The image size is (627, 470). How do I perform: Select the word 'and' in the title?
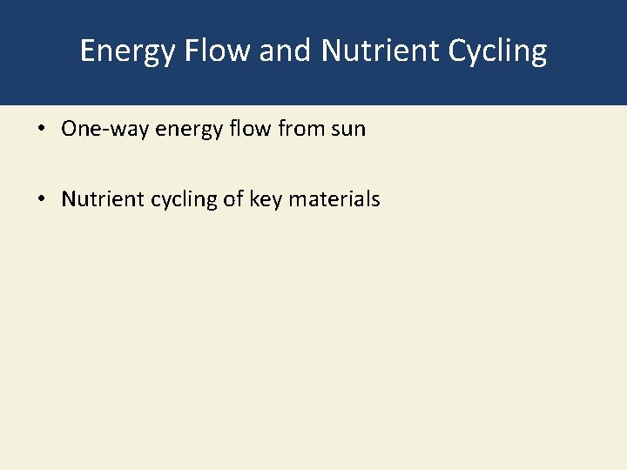click(x=287, y=50)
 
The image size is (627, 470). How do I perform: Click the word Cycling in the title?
click(x=497, y=51)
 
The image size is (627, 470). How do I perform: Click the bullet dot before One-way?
click(x=41, y=130)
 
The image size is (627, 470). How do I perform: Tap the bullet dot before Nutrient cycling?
click(x=41, y=199)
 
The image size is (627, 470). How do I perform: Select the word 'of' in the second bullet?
click(x=233, y=199)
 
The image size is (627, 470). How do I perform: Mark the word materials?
click(x=334, y=199)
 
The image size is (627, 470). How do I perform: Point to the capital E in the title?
click(x=88, y=50)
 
